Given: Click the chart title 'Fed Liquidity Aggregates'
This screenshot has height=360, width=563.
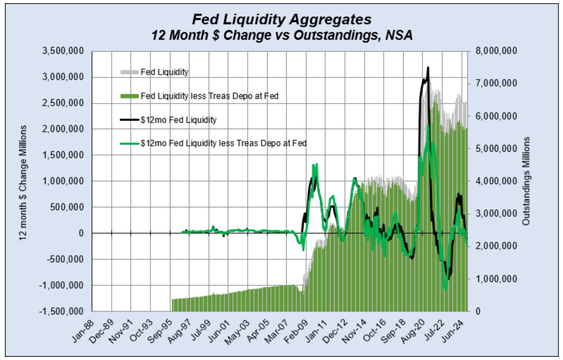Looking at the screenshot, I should [x=281, y=19].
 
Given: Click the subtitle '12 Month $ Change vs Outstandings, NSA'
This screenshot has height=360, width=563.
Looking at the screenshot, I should [x=281, y=35].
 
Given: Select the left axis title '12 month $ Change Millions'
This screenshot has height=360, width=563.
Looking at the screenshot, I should [x=23, y=182].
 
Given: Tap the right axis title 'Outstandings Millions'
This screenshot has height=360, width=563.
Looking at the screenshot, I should [x=526, y=181].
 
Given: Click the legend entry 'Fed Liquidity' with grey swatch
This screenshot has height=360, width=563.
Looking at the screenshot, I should [x=164, y=72].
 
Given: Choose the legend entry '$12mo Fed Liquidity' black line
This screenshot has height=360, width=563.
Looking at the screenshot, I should [x=178, y=120].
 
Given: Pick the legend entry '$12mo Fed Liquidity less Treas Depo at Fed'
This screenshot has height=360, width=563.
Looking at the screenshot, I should [x=223, y=143].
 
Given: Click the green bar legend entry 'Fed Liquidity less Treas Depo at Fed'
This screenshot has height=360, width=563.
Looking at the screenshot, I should [x=209, y=96].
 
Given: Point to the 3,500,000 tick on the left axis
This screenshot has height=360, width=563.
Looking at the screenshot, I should [x=63, y=51].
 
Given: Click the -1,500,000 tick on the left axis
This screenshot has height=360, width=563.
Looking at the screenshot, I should [x=61, y=311].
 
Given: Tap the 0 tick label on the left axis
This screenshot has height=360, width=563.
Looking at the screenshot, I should [x=81, y=233].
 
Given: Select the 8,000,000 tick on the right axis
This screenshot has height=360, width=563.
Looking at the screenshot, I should [x=496, y=51].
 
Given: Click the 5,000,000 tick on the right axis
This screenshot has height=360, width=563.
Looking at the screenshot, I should [x=496, y=149].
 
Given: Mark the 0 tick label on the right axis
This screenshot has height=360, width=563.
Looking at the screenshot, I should [x=478, y=311].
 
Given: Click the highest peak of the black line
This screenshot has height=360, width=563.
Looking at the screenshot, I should [x=428, y=67].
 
